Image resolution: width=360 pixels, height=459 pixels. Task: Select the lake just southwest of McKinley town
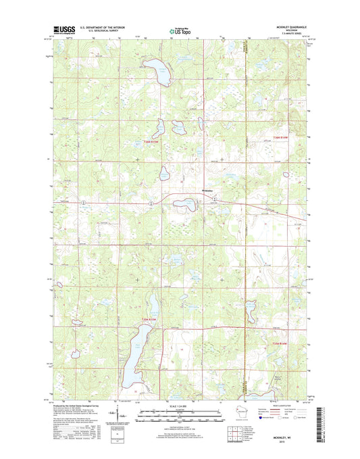[182, 202]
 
